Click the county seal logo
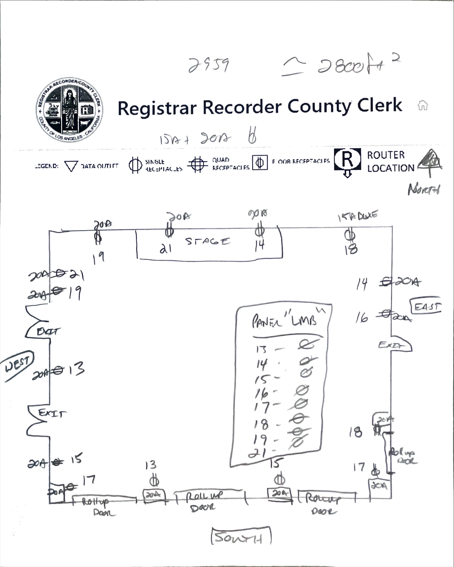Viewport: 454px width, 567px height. [x=69, y=110]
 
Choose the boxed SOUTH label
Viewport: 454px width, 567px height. [x=240, y=538]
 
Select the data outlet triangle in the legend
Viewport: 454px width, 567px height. [x=71, y=166]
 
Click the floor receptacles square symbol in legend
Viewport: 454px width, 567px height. [x=260, y=163]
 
